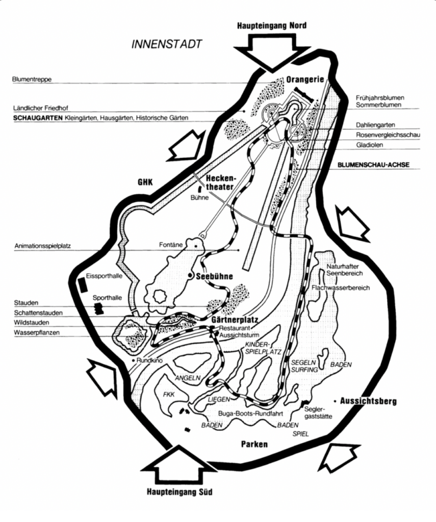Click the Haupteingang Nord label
272,25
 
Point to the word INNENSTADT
166,44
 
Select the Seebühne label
214,276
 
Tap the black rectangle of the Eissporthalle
81,283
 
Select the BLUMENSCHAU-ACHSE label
374,165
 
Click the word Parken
254,444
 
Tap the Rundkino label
149,360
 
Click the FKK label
168,394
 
